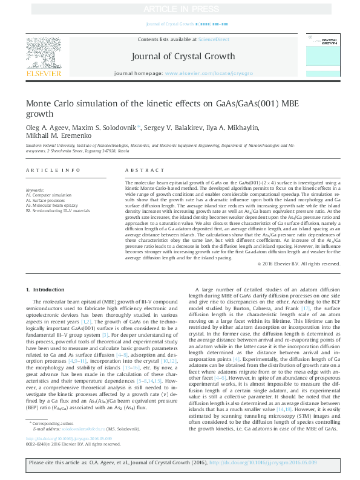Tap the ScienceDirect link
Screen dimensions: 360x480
(214, 39)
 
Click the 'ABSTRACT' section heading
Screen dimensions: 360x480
(139, 171)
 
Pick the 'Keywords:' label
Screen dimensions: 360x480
(35, 190)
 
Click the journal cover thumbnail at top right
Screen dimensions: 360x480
(329, 55)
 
